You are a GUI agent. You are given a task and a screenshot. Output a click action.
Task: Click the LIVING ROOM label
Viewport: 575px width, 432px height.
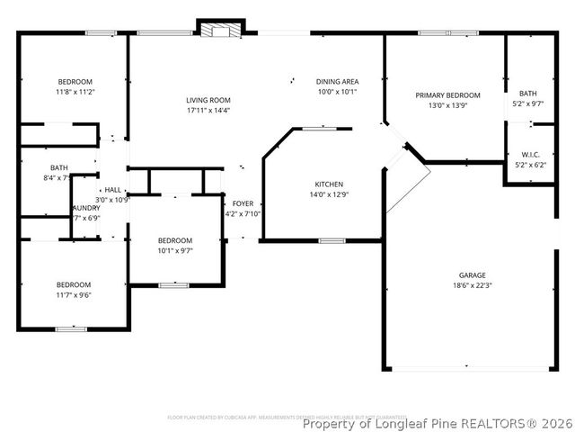[208, 100]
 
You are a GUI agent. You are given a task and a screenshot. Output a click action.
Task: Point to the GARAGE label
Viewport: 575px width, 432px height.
[473, 275]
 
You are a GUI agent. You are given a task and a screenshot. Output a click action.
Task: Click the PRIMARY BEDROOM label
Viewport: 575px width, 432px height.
[447, 95]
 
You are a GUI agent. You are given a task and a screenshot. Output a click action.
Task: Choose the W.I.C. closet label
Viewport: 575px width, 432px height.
[528, 155]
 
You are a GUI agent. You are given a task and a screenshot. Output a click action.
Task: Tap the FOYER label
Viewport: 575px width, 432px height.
[242, 203]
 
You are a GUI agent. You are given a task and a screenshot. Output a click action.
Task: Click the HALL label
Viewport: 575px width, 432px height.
[112, 190]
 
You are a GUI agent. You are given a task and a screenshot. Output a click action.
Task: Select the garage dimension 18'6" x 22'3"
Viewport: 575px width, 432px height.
[473, 285]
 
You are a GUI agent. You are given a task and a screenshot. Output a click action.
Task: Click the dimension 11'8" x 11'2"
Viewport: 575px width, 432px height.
[75, 92]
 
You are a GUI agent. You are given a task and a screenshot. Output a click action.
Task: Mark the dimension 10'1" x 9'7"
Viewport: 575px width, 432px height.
[175, 250]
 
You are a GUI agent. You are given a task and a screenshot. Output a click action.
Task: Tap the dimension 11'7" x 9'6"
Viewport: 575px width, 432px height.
[74, 294]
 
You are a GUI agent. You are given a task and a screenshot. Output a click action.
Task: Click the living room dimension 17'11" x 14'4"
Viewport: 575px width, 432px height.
[208, 110]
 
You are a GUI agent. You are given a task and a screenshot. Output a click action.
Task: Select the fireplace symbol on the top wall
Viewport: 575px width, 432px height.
[220, 30]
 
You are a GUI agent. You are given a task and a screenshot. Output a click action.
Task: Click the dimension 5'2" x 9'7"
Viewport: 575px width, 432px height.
[528, 103]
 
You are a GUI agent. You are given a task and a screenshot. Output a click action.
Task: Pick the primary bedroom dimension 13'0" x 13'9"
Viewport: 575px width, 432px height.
[447, 105]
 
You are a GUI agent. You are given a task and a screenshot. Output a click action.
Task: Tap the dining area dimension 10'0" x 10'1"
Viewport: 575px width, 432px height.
[337, 92]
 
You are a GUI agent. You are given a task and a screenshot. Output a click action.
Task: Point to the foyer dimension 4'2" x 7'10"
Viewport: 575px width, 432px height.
[242, 213]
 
